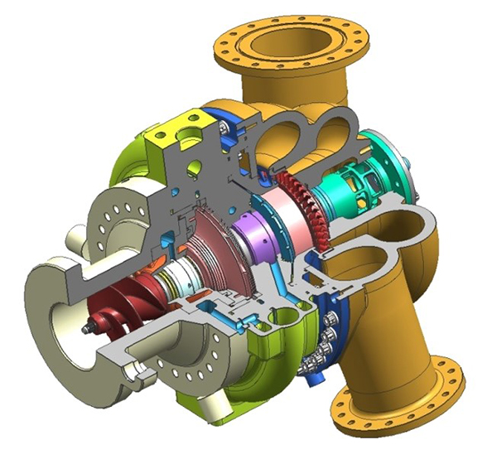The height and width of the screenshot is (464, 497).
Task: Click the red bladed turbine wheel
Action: click(298, 199)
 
